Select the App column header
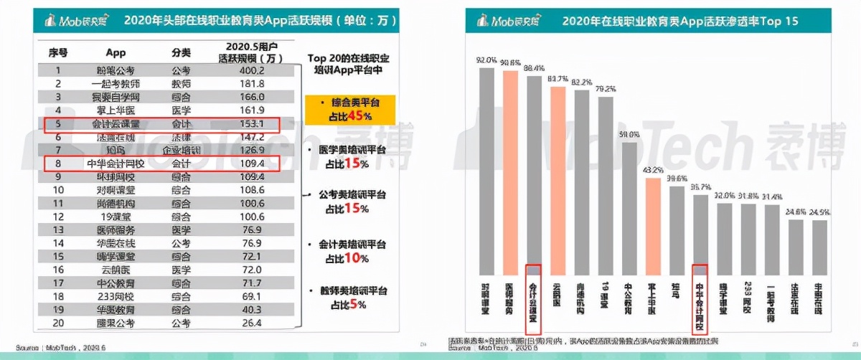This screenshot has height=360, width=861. point(116,53)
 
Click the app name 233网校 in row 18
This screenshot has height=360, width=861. point(116,295)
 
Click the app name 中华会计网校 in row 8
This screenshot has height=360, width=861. point(116,164)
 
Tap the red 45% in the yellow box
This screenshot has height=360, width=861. point(361,116)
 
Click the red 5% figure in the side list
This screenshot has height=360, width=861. point(363,304)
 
